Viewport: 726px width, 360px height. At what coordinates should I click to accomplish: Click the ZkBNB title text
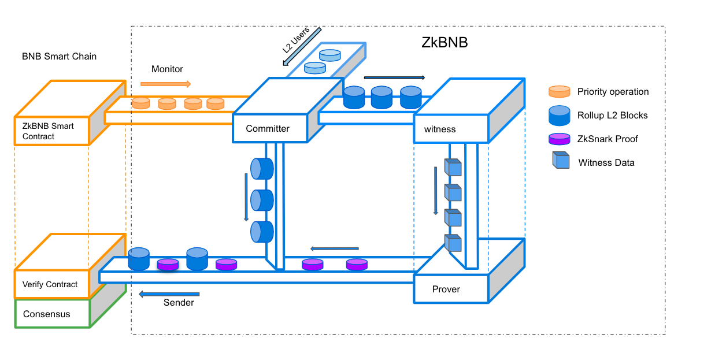[444, 43]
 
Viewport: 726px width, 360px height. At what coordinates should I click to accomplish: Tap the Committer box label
[268, 128]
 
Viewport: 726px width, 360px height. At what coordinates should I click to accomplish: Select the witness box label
[440, 129]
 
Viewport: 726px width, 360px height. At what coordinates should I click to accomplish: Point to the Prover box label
[446, 289]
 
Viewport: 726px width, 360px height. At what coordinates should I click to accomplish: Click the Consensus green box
[52, 314]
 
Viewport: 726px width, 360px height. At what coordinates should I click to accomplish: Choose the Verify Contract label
[50, 284]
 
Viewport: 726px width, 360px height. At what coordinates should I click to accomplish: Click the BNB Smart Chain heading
[59, 57]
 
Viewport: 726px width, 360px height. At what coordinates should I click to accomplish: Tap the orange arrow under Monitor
[165, 84]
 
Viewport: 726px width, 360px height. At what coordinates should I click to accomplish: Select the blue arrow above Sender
[169, 294]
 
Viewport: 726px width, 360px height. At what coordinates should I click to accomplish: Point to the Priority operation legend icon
[560, 91]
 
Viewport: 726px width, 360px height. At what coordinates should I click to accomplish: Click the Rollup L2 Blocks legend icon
[560, 115]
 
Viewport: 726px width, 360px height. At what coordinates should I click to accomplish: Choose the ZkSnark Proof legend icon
[560, 139]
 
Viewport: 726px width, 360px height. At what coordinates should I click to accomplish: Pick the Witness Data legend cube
[560, 160]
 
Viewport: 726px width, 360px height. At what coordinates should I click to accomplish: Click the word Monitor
[167, 69]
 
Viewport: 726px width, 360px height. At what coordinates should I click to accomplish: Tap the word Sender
[179, 303]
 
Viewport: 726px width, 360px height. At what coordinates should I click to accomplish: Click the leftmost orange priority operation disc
[141, 103]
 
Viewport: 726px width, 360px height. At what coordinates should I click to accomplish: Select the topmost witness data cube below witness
[453, 167]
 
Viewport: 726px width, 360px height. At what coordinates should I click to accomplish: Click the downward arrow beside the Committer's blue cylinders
[246, 196]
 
